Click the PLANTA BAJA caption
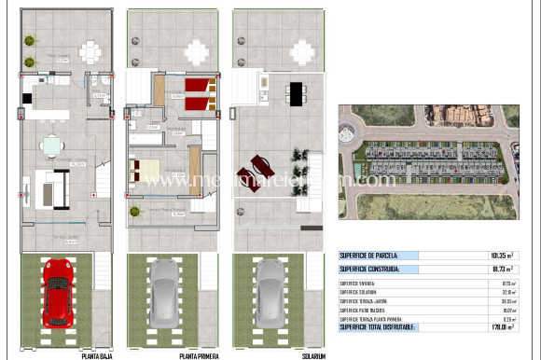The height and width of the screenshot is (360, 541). pos(60,355)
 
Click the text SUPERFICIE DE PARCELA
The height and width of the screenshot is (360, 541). pos(370,255)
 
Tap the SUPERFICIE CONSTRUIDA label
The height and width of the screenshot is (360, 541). pos(370,269)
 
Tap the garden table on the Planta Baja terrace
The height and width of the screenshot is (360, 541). pos(90,49)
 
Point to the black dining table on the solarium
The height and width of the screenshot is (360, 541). pos(296,93)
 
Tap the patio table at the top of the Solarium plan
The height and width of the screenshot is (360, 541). pos(302,49)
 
